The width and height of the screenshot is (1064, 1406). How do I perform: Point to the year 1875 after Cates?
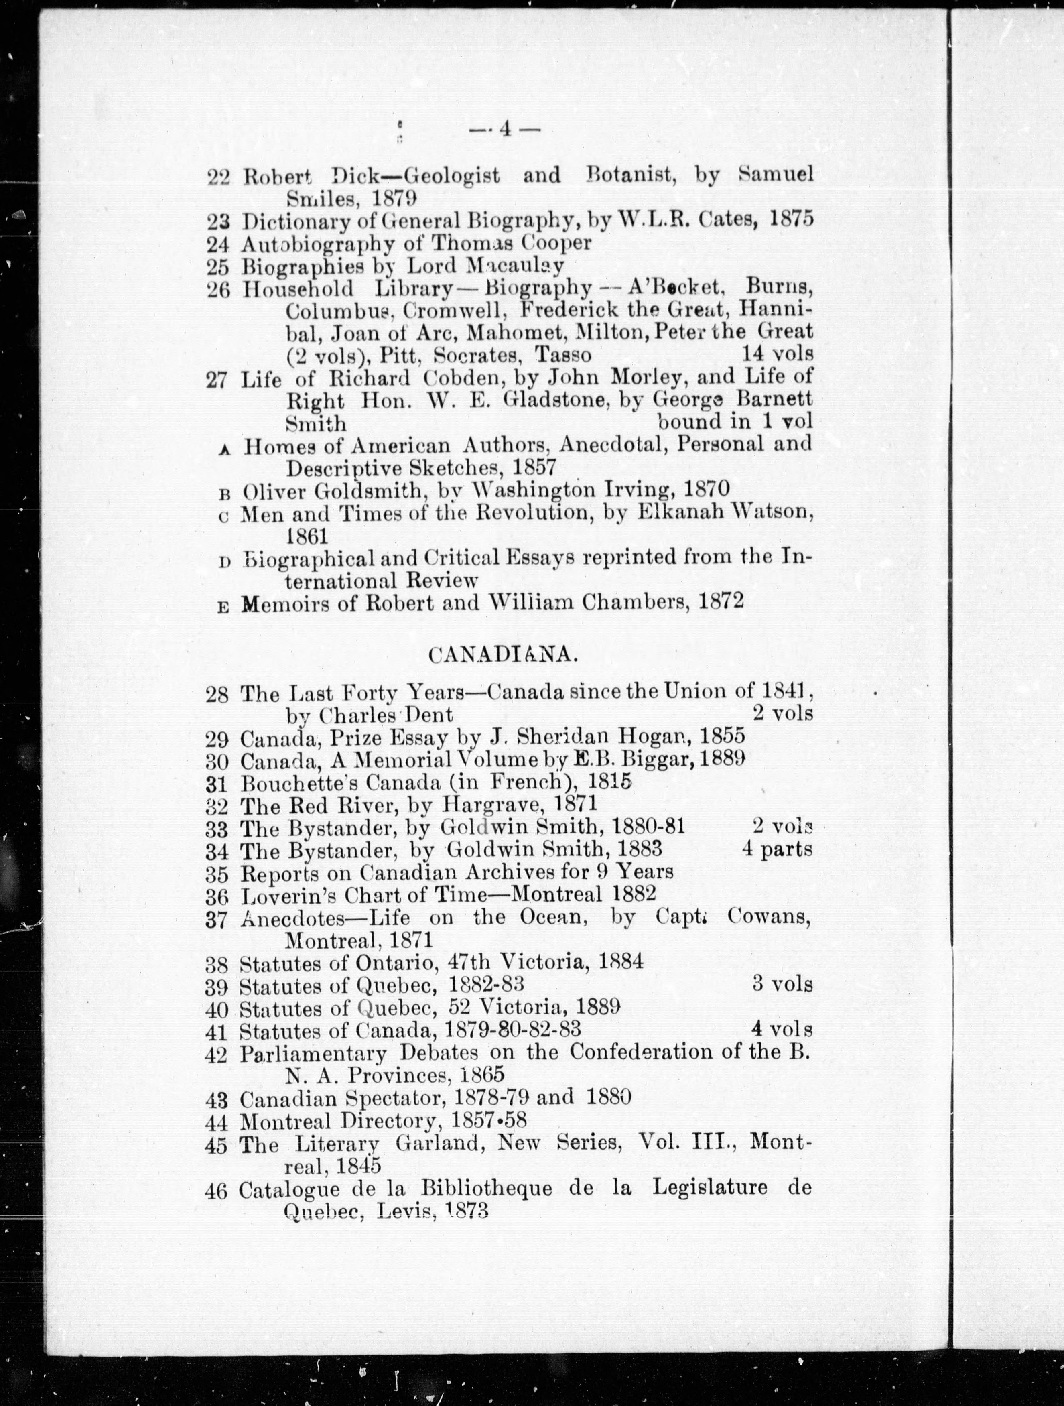(791, 219)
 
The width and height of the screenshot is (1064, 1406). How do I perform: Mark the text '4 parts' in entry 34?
(777, 849)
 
